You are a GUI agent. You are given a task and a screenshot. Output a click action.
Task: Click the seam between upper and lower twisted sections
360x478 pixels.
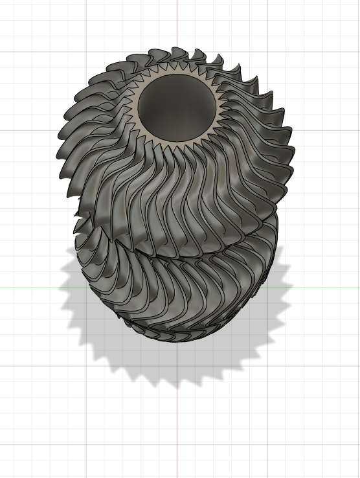click(x=175, y=256)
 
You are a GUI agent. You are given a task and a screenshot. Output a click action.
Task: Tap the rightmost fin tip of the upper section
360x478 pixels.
click(x=295, y=155)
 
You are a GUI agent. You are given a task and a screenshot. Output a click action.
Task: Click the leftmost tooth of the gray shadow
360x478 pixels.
click(x=59, y=285)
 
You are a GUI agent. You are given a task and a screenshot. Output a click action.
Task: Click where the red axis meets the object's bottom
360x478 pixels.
click(x=177, y=343)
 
